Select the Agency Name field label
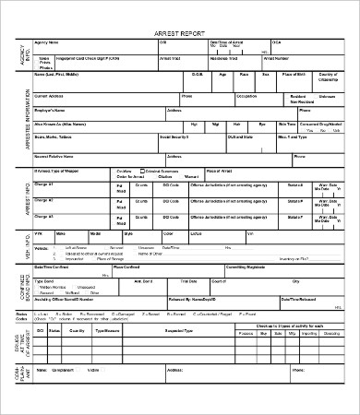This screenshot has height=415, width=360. [47, 41]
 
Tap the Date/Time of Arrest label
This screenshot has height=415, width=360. [227, 42]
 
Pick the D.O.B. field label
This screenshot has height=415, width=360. [198, 73]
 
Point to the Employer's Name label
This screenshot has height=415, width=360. [53, 109]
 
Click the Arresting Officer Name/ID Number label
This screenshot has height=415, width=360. [70, 299]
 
